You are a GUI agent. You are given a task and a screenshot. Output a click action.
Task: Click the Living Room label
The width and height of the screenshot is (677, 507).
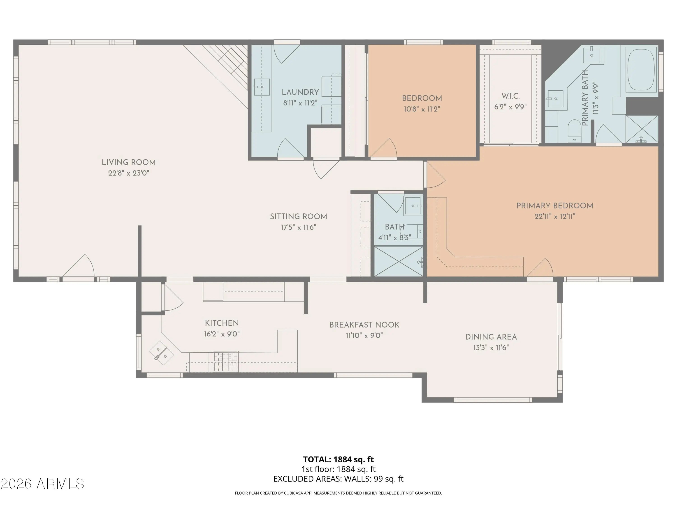[x=129, y=162]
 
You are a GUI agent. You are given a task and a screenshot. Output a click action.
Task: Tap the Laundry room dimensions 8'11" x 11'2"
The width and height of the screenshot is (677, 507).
[x=300, y=103]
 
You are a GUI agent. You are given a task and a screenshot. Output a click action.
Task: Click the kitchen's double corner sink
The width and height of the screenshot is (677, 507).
[x=162, y=353]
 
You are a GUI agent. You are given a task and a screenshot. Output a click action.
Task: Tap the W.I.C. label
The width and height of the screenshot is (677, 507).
[x=510, y=96]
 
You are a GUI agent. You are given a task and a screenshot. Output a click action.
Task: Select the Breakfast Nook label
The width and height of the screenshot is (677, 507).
[x=364, y=325]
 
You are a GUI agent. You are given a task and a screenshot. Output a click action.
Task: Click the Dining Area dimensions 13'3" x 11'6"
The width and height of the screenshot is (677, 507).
[x=491, y=347]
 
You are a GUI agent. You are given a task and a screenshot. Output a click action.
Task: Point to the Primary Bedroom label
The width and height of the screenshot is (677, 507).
[x=555, y=206]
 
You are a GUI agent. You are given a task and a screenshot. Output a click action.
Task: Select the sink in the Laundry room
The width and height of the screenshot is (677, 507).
[x=262, y=87]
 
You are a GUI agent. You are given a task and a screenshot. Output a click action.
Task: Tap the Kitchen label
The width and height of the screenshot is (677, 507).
[x=222, y=323]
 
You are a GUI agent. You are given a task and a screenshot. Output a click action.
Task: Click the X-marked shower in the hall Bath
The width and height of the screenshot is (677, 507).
[x=399, y=261]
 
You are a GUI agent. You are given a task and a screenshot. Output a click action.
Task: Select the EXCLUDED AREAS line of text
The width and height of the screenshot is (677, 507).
[x=338, y=479]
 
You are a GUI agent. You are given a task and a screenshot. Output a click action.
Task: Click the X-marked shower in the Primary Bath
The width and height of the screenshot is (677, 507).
[x=642, y=129]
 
